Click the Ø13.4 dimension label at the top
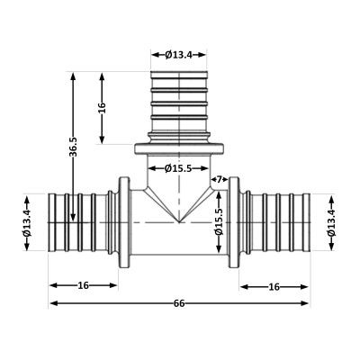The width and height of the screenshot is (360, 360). click(178, 55)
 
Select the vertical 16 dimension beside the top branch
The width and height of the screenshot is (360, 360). click(102, 107)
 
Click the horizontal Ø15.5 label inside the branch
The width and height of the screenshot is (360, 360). click(178, 169)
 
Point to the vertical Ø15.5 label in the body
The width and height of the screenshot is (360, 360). click(219, 222)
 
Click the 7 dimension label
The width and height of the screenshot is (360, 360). click(219, 179)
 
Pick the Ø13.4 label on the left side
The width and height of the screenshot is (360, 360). click(27, 222)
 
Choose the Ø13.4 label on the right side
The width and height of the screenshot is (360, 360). click(331, 222)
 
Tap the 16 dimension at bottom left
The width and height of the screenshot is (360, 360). click(84, 285)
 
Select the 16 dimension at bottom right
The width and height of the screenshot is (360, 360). click(274, 287)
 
